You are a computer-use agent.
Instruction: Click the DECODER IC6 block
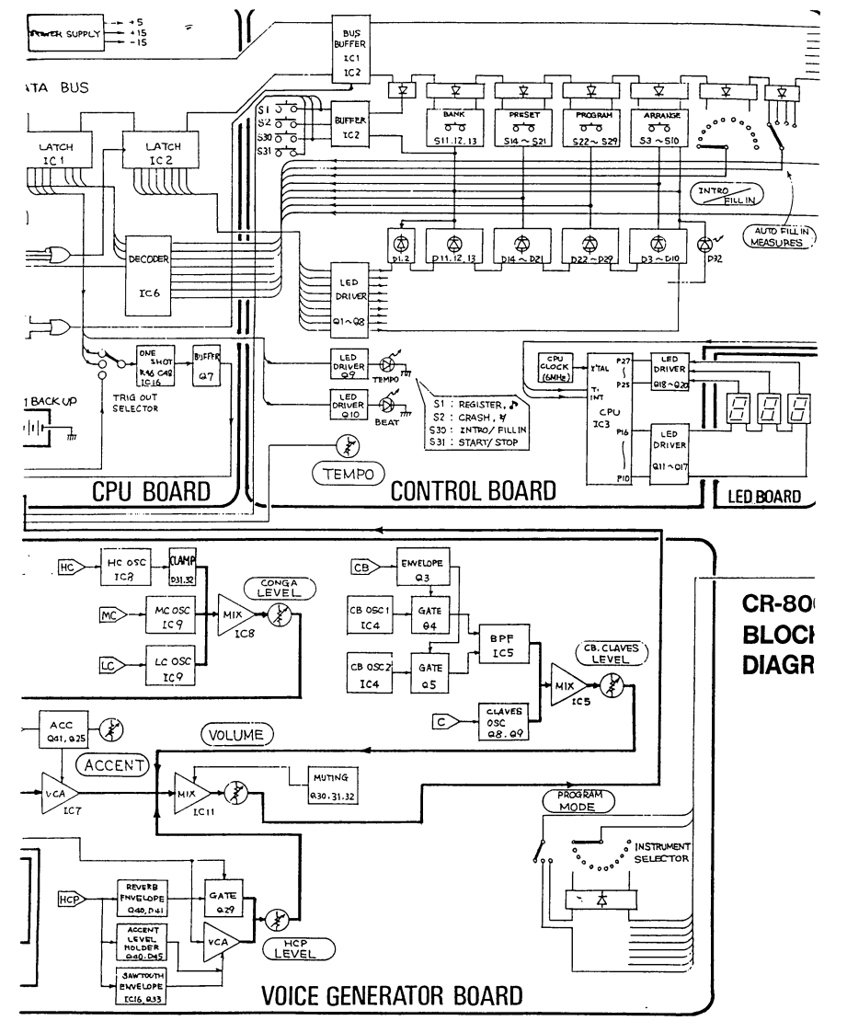tap(149, 273)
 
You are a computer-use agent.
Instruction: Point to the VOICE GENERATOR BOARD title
tap(393, 993)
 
